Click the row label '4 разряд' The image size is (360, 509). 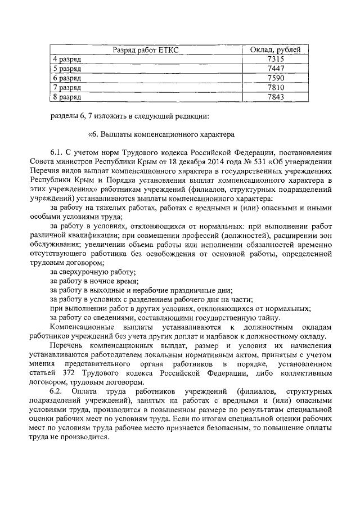[67, 60]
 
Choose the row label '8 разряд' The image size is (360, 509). [67, 97]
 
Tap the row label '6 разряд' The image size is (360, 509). [67, 78]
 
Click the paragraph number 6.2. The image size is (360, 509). [57, 390]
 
